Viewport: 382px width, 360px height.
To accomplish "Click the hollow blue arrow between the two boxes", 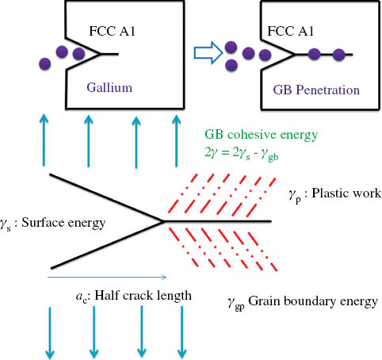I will coord(208,54).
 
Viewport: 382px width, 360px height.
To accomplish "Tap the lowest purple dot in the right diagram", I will coord(233,65).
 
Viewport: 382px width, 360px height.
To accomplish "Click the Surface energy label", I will coord(53,223).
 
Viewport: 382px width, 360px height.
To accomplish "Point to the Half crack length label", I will coord(128,296).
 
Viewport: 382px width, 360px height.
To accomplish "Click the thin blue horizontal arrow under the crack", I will coord(106,278).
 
